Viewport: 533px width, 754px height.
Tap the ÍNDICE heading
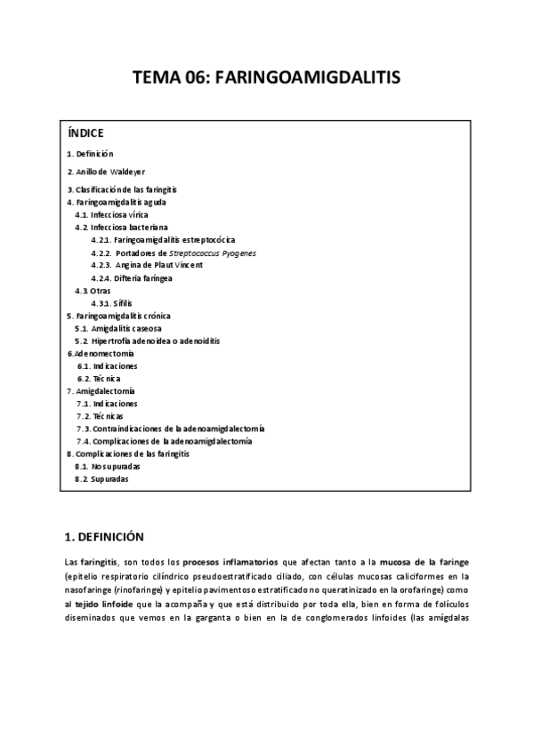coord(85,133)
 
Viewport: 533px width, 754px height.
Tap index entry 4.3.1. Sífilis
coord(111,303)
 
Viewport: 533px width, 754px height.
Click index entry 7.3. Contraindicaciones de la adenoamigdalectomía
coord(169,429)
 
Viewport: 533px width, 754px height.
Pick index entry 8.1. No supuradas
coord(108,466)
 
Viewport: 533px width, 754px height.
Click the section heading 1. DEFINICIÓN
coord(104,537)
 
